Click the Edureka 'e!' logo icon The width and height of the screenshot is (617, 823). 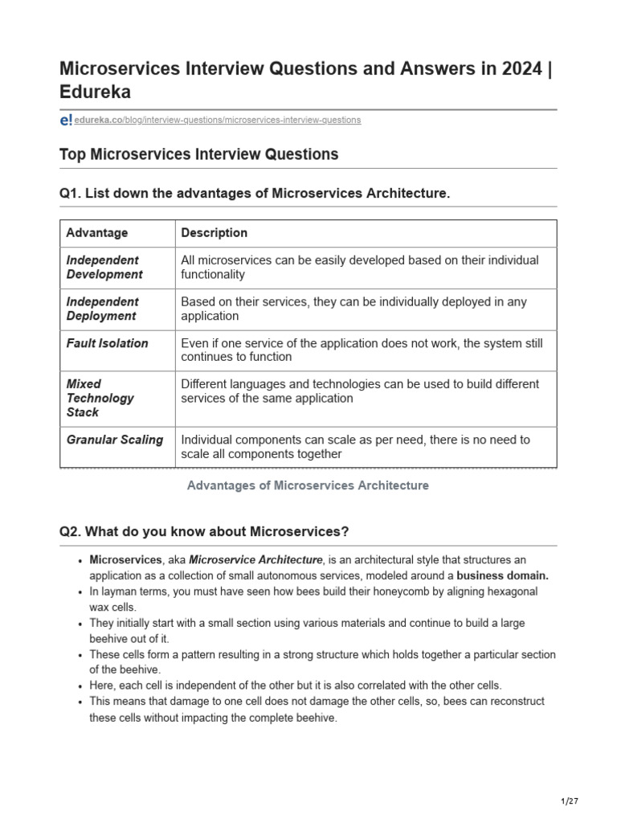point(66,120)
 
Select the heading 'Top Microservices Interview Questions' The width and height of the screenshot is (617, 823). point(198,154)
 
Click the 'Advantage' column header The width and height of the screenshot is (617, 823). point(96,233)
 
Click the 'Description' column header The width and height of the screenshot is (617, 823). point(215,233)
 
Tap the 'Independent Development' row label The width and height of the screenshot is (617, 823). point(104,268)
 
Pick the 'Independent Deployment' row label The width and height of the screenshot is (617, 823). point(102,309)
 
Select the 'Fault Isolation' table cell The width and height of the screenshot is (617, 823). point(107,343)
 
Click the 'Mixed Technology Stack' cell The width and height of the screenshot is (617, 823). point(100,398)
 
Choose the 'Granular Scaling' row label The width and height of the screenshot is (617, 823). point(114,440)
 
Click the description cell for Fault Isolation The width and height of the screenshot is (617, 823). point(362,350)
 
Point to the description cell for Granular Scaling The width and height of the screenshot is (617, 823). point(355,447)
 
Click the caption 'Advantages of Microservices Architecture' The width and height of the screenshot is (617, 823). point(308,485)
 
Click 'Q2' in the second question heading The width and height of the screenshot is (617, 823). point(70,532)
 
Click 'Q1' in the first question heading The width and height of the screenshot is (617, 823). point(70,194)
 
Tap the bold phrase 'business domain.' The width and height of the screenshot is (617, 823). point(503,575)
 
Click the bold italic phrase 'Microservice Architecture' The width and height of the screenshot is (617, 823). point(255,559)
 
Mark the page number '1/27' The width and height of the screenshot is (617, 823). point(569,801)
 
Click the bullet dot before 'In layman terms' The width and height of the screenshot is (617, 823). point(81,592)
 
